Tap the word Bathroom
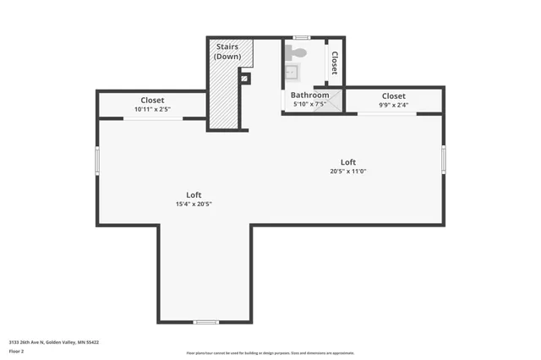coord(309,95)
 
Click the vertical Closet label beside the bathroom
coord(334,63)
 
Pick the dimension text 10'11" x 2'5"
coord(152,109)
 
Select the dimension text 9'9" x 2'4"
coord(393,106)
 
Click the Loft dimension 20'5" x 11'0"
coord(347,171)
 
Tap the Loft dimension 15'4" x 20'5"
coord(194,204)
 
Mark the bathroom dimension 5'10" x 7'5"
coord(309,105)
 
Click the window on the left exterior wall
coord(97,160)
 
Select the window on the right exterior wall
coord(443,159)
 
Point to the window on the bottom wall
coord(205,322)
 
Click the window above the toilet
coord(301,37)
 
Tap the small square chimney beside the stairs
coord(244,79)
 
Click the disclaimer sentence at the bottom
coord(270,353)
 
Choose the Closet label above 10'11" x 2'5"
coord(152,100)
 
